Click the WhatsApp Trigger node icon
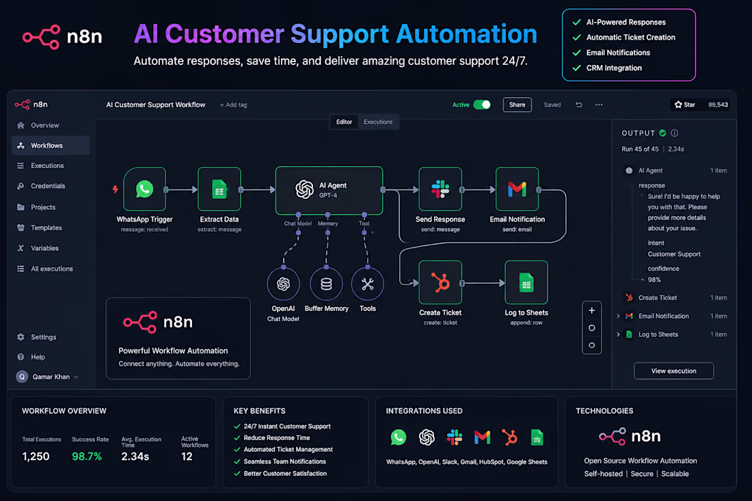click(144, 189)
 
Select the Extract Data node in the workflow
click(219, 189)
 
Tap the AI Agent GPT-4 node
click(329, 190)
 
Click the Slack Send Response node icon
click(440, 189)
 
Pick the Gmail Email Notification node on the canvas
click(517, 189)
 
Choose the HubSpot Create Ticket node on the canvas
click(440, 282)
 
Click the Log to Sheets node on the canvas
click(526, 282)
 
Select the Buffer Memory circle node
click(326, 284)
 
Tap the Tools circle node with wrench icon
click(367, 284)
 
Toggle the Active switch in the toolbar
click(482, 105)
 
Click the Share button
click(517, 105)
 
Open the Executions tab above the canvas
click(378, 122)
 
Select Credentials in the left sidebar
click(48, 186)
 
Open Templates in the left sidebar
click(46, 228)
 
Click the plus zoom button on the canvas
click(592, 311)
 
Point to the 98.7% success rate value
click(87, 457)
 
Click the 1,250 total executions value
click(36, 457)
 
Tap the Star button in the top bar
click(685, 105)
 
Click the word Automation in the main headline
click(467, 34)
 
